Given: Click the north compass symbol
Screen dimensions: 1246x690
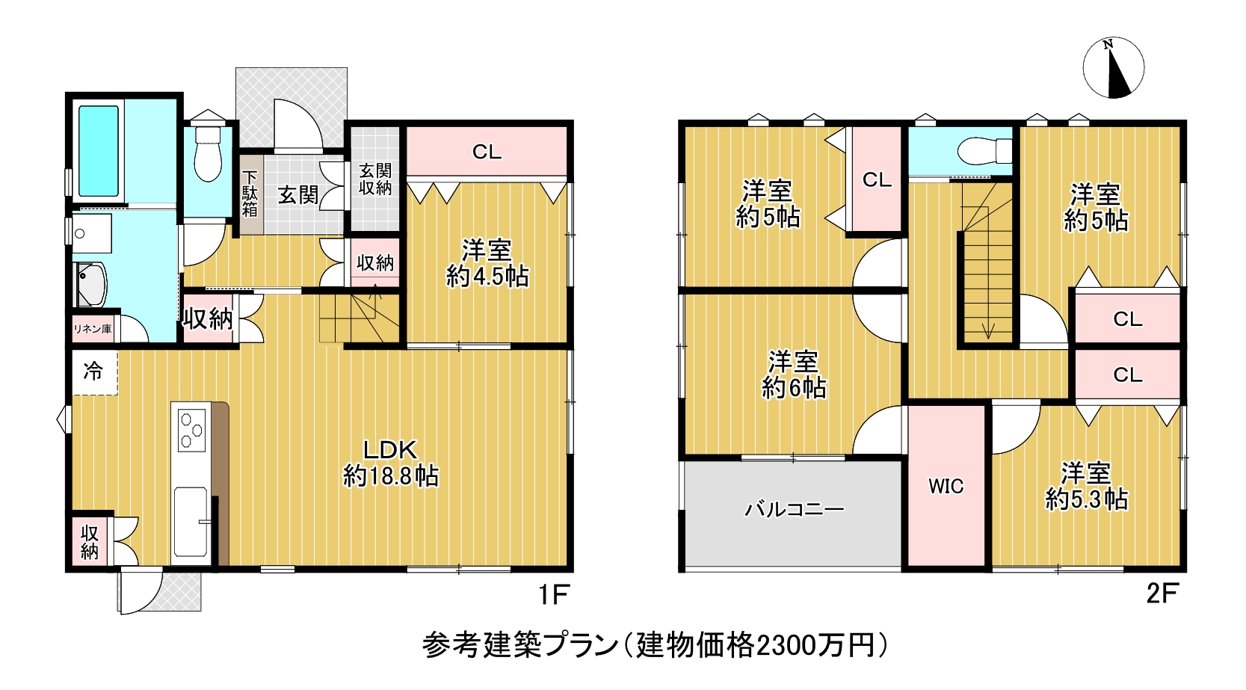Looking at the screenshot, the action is (1113, 68).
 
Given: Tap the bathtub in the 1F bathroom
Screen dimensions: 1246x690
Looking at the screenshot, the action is (99, 151).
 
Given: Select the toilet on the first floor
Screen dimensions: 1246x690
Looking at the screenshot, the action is (208, 154).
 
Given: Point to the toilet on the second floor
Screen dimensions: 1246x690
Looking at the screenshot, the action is (984, 151).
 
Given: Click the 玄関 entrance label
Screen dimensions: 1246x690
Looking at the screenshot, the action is (298, 195).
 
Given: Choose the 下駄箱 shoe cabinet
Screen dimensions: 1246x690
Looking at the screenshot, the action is (250, 194).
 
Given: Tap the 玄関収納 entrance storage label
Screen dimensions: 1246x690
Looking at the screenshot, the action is (375, 179).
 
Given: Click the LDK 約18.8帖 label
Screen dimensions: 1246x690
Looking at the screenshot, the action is (390, 463).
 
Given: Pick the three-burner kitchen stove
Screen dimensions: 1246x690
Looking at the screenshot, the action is (192, 430).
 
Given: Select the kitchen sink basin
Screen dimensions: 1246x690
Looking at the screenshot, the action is (191, 521).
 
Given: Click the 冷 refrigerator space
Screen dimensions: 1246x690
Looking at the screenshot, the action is (94, 371).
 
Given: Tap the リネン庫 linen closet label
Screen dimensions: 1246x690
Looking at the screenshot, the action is (93, 330).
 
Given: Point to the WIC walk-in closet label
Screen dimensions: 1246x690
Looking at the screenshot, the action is (946, 487).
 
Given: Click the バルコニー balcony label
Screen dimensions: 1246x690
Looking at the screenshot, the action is (795, 509).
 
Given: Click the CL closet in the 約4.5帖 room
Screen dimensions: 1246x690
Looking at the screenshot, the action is (487, 151).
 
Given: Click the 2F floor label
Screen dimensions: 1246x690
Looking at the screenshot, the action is (1162, 594).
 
